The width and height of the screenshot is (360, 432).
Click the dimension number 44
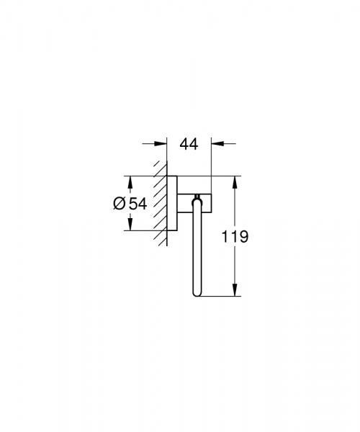(188, 144)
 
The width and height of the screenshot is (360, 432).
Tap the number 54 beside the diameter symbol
(138, 204)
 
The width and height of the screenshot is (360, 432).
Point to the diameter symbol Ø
(120, 204)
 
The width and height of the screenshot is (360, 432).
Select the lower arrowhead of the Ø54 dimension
(130, 225)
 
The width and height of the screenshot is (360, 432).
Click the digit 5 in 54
(132, 204)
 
